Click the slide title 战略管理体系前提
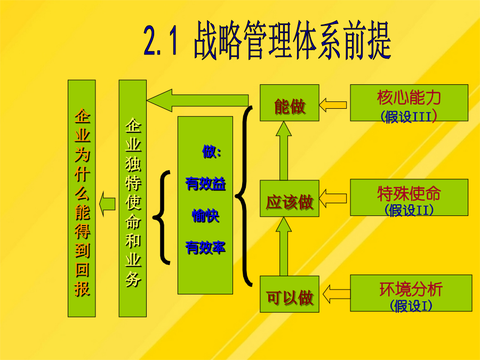coord(292,40)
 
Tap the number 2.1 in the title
coord(161,41)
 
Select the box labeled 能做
coord(290,103)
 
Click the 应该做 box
coord(290,198)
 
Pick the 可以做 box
coord(290,294)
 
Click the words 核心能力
coord(409,98)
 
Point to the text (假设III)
coord(409,116)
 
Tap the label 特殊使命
coord(409,193)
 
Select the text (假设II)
coord(409,210)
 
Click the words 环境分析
coord(411,289)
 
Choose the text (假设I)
coord(411,306)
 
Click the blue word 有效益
coord(205,184)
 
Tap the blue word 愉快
coord(205,215)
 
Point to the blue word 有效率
coord(205,247)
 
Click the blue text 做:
coord(212,151)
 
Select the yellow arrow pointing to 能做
coord(333,105)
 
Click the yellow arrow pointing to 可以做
coord(337,294)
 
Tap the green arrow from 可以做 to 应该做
coord(284,246)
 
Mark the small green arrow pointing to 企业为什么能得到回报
coord(107,204)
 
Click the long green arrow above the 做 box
coord(197,100)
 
